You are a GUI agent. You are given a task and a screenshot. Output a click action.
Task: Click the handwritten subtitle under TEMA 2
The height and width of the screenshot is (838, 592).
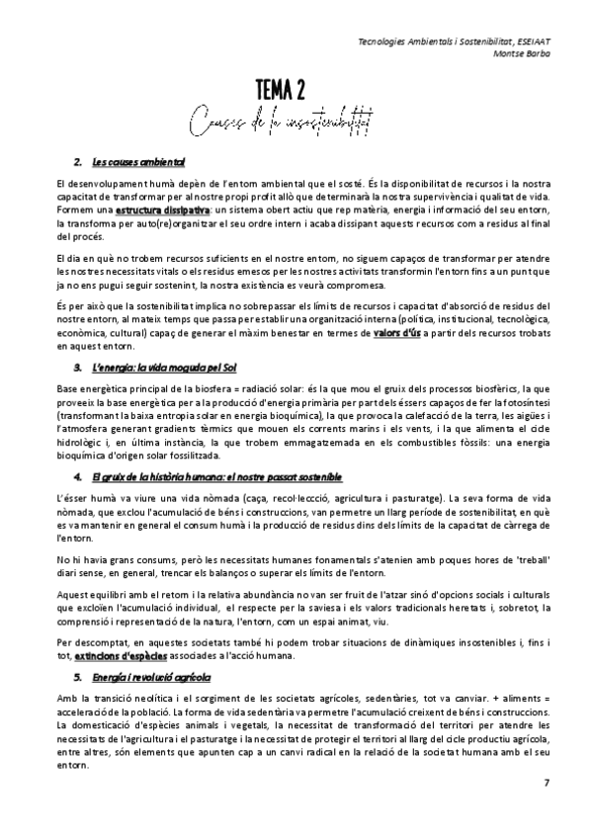pyautogui.click(x=295, y=123)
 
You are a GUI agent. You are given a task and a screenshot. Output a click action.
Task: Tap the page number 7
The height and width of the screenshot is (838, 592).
pyautogui.click(x=547, y=785)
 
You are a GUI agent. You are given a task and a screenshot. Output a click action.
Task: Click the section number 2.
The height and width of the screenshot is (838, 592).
pyautogui.click(x=77, y=161)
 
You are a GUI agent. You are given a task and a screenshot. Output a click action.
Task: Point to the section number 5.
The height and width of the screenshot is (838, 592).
pyautogui.click(x=77, y=649)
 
